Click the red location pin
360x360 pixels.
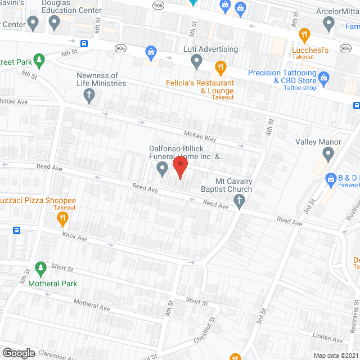click(x=179, y=168)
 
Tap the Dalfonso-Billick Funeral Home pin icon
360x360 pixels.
click(x=162, y=168)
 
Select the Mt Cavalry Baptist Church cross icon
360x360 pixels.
click(x=239, y=201)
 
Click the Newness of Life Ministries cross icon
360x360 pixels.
click(x=88, y=96)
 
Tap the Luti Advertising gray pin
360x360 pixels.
click(x=196, y=60)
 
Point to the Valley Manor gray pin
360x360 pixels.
click(x=329, y=154)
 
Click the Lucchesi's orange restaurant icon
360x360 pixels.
click(x=305, y=35)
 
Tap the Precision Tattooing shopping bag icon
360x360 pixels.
click(x=323, y=76)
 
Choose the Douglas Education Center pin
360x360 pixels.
click(x=55, y=23)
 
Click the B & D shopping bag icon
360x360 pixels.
click(x=331, y=179)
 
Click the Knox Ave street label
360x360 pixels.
click(x=75, y=238)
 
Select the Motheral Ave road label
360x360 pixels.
click(x=93, y=306)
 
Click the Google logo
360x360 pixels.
click(x=19, y=353)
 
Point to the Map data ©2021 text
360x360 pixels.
click(x=334, y=355)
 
